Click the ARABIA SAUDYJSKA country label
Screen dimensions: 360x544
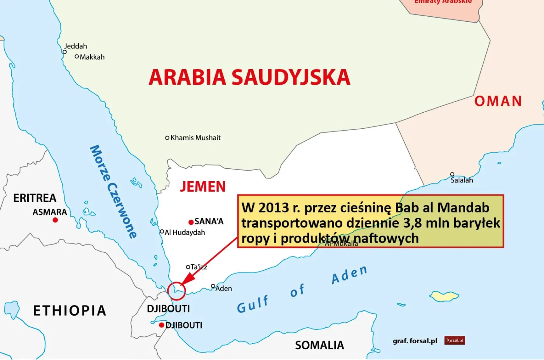pyautogui.click(x=249, y=77)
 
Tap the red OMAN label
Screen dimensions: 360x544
pyautogui.click(x=498, y=101)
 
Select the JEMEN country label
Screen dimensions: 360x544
pyautogui.click(x=202, y=187)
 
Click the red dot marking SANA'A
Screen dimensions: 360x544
pyautogui.click(x=191, y=222)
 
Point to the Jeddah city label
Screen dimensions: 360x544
pyautogui.click(x=75, y=46)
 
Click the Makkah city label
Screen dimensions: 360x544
pyautogui.click(x=92, y=57)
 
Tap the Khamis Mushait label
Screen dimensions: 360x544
pyautogui.click(x=195, y=138)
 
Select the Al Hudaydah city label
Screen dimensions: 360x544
pyautogui.click(x=185, y=232)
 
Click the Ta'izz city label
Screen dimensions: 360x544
pyautogui.click(x=199, y=267)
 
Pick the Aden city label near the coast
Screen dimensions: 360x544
pyautogui.click(x=223, y=288)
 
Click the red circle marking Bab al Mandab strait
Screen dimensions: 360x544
pyautogui.click(x=176, y=291)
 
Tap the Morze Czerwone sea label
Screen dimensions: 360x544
pyautogui.click(x=113, y=191)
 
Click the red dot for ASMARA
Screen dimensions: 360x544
pyautogui.click(x=55, y=220)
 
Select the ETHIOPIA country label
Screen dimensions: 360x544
pyautogui.click(x=70, y=311)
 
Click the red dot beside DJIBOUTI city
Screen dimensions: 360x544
pyautogui.click(x=161, y=325)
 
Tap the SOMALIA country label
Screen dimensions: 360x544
pyautogui.click(x=319, y=345)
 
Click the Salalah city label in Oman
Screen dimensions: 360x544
pyautogui.click(x=462, y=180)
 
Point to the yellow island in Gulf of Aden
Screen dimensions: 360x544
pyautogui.click(x=444, y=296)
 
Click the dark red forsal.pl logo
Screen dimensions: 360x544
pyautogui.click(x=454, y=341)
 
